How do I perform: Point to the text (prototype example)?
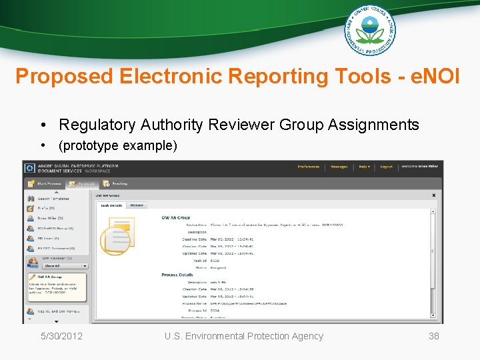pos(117,145)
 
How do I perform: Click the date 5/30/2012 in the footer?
pos(61,336)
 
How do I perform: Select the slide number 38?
pos(433,336)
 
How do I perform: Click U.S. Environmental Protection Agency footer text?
pos(244,336)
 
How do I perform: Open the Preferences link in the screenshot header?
pos(308,167)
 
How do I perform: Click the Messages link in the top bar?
pos(339,167)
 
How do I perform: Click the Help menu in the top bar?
pos(364,167)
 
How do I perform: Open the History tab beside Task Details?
pos(136,205)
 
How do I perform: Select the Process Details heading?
pos(177,275)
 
